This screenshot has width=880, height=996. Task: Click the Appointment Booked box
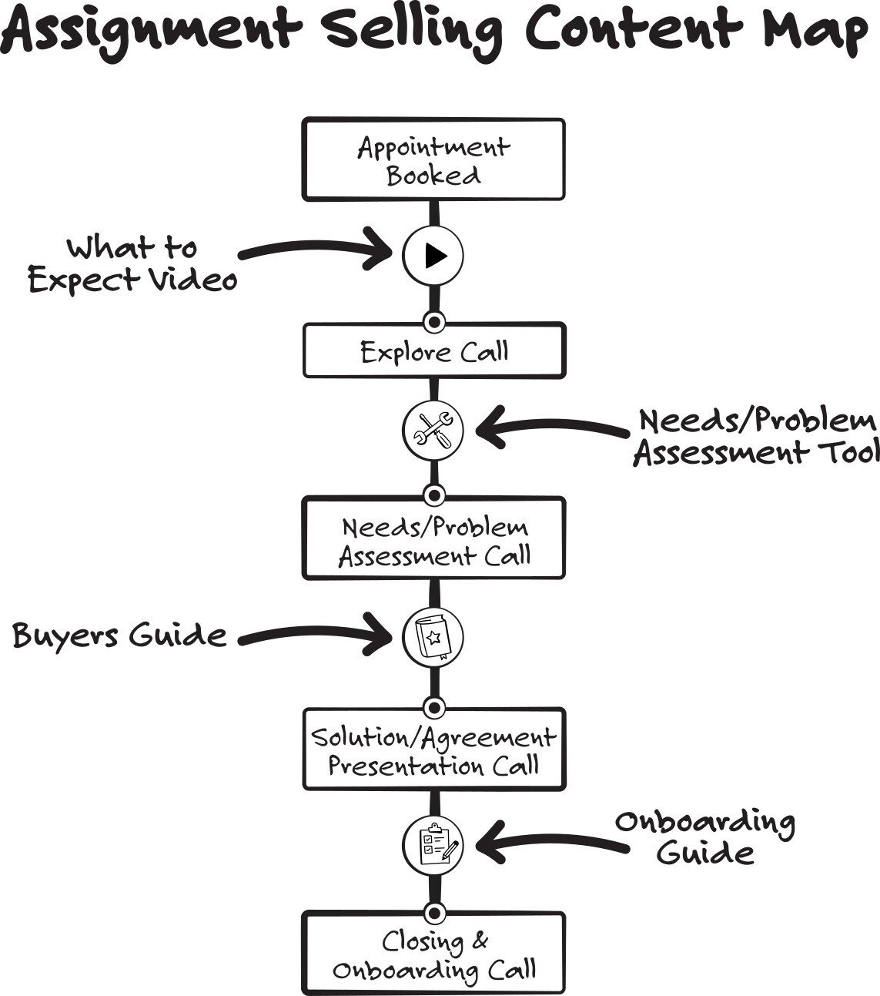point(433,160)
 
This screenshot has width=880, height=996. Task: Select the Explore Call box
point(433,351)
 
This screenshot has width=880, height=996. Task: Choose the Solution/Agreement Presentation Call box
point(433,750)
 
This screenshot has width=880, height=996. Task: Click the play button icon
point(433,255)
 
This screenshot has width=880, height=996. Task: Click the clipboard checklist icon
point(433,844)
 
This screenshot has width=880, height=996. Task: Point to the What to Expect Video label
point(132,264)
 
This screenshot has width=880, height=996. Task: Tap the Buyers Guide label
point(120,636)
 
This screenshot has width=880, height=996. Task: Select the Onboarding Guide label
point(704,837)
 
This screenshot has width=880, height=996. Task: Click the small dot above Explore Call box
point(433,320)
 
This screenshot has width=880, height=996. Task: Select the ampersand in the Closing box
point(479,941)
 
